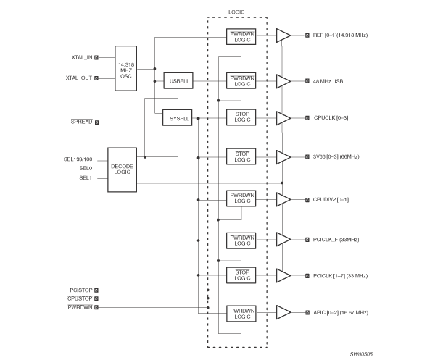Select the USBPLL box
[x=176, y=81]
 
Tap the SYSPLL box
[x=176, y=117]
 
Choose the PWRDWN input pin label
[x=79, y=307]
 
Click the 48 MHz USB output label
[x=330, y=81]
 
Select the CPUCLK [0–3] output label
[x=331, y=117]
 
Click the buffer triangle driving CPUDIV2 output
[x=283, y=199]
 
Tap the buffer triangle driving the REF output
[x=283, y=35]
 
